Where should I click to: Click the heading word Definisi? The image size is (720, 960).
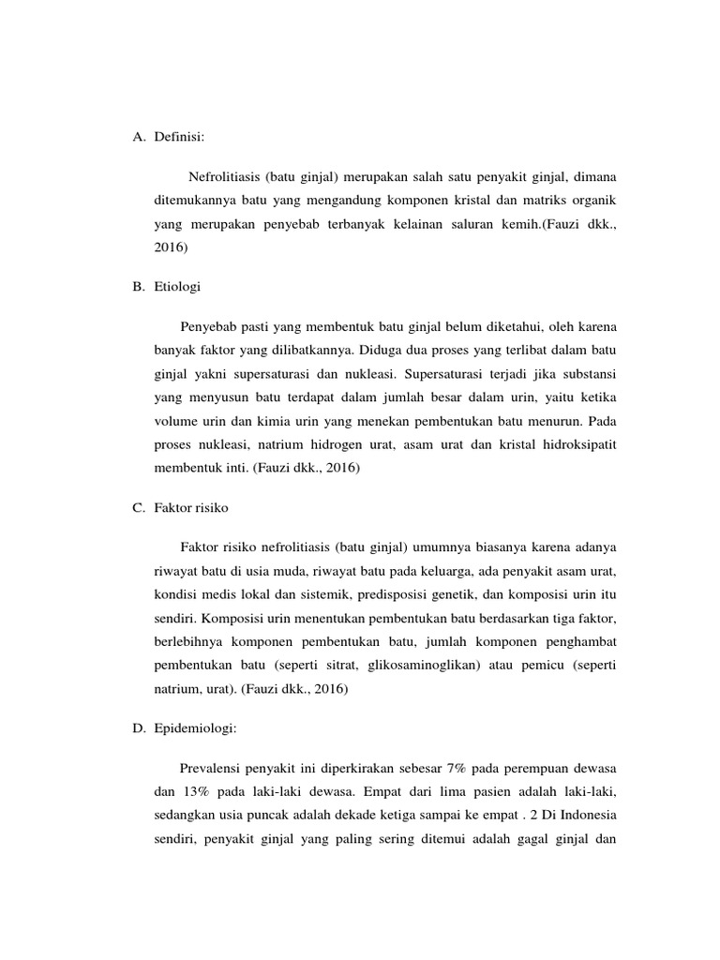coord(179,137)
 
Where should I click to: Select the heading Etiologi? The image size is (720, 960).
coord(178,287)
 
